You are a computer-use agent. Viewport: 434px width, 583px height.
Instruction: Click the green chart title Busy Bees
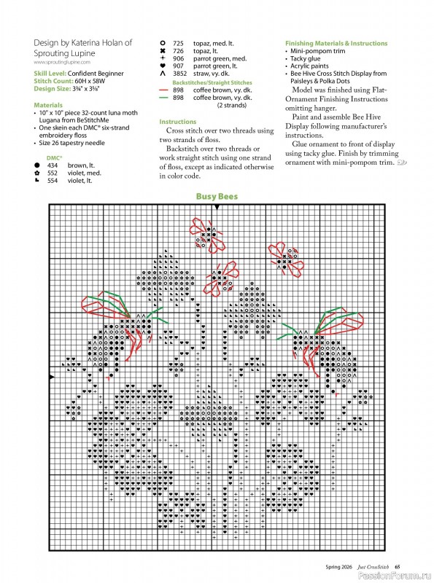coord(217,197)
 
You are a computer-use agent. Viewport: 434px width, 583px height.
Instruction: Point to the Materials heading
coord(47,104)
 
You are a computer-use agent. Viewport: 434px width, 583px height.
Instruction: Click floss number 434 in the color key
coord(53,165)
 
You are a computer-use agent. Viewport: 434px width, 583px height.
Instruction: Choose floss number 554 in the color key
coord(53,180)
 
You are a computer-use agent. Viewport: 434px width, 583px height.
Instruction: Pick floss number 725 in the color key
coord(179,43)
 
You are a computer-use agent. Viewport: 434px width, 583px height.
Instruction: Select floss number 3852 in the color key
coord(180,74)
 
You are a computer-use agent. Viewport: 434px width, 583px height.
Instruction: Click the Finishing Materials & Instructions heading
coord(336,44)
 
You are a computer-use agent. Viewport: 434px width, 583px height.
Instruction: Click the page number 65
coord(398,566)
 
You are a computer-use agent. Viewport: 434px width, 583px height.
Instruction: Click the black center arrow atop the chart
coord(217,208)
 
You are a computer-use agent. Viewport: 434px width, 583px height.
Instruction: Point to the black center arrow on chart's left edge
coord(51,376)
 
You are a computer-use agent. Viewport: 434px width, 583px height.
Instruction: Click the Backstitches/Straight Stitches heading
coord(212,83)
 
